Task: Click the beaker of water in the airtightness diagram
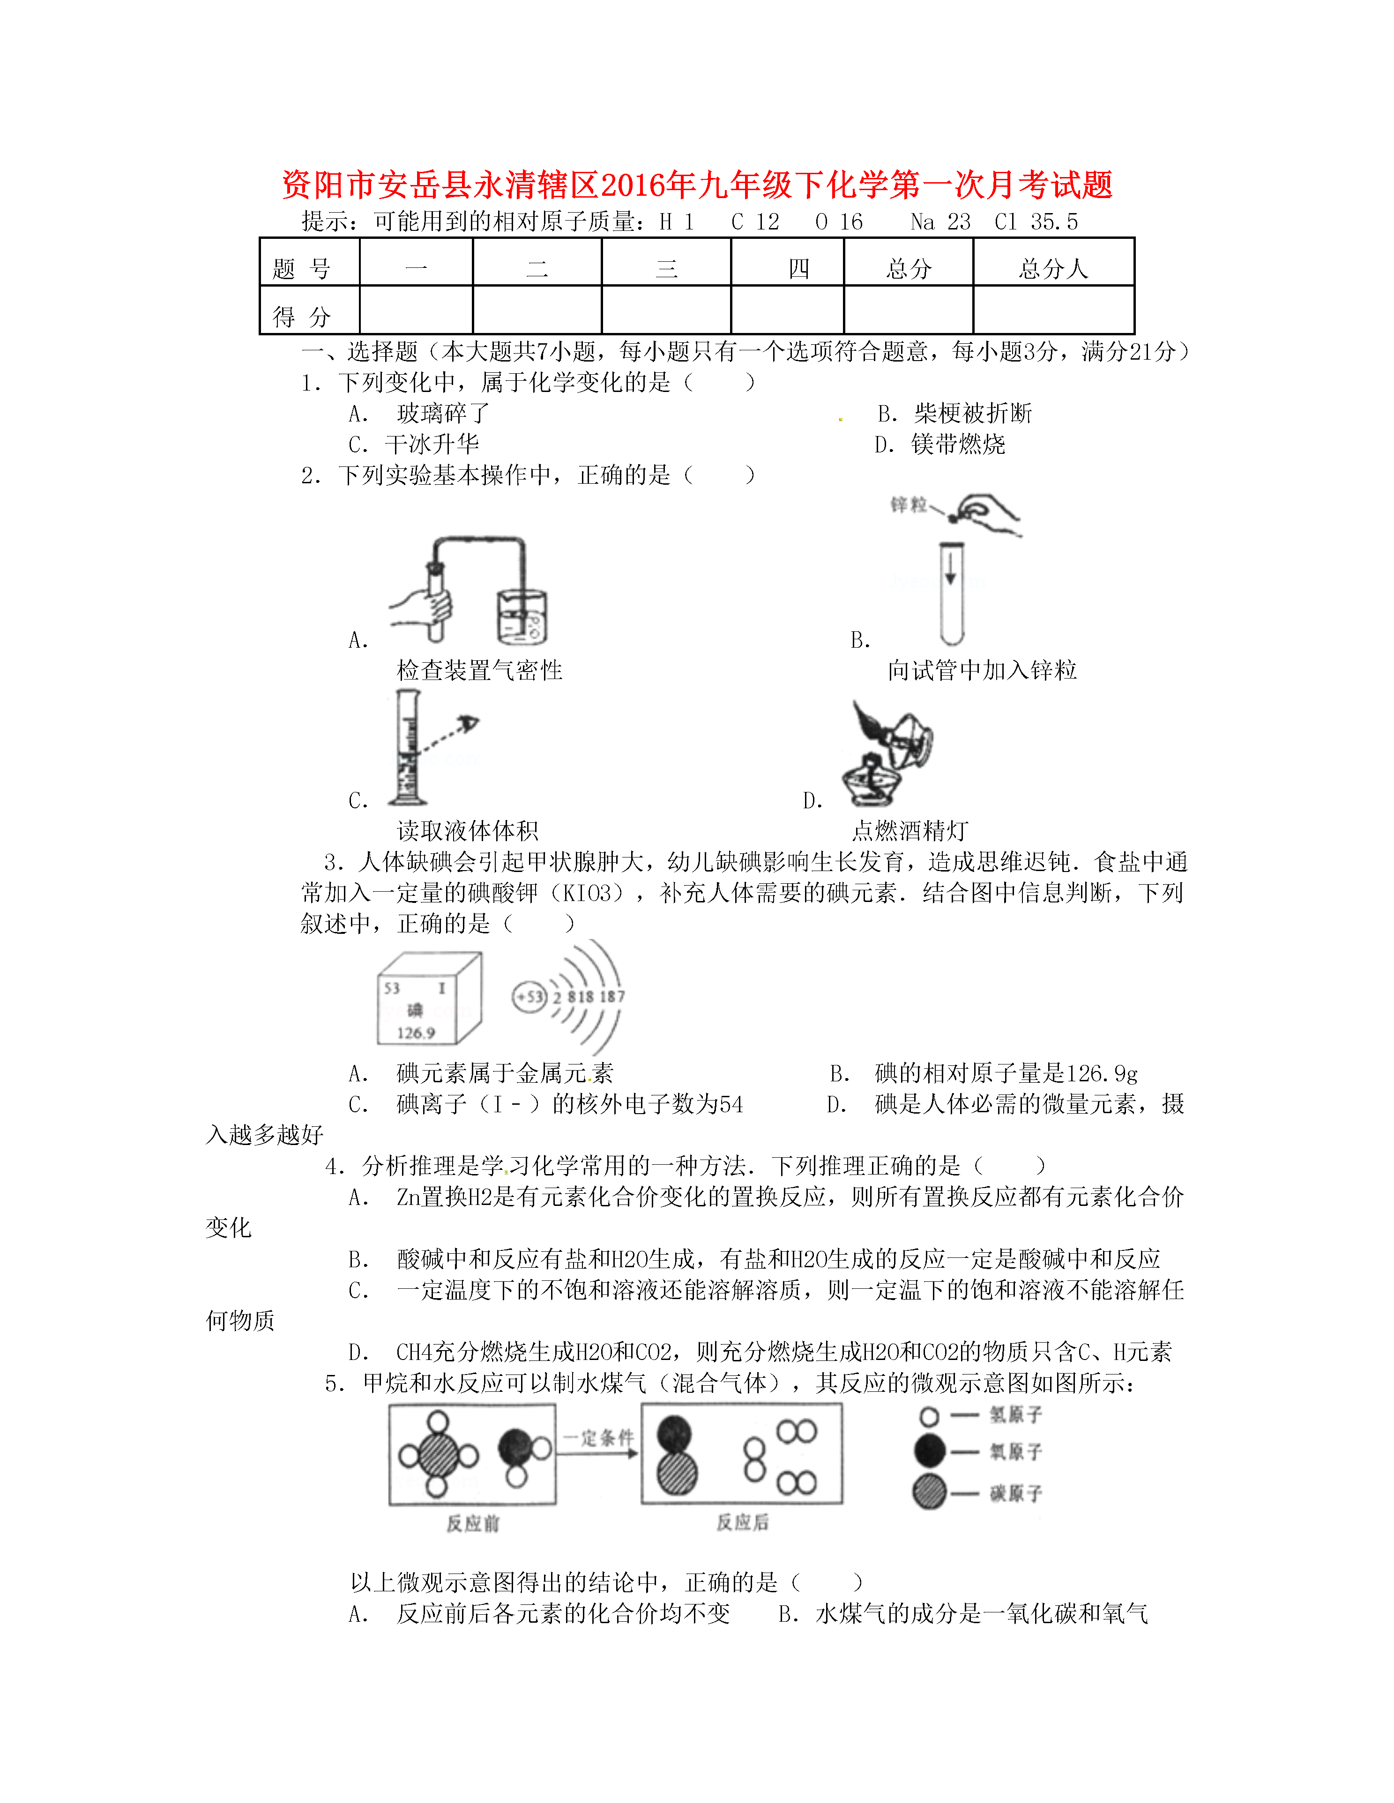coord(522,618)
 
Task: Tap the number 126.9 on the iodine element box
coord(416,1033)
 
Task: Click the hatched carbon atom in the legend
coord(930,1493)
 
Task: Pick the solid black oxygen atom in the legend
coord(930,1450)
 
